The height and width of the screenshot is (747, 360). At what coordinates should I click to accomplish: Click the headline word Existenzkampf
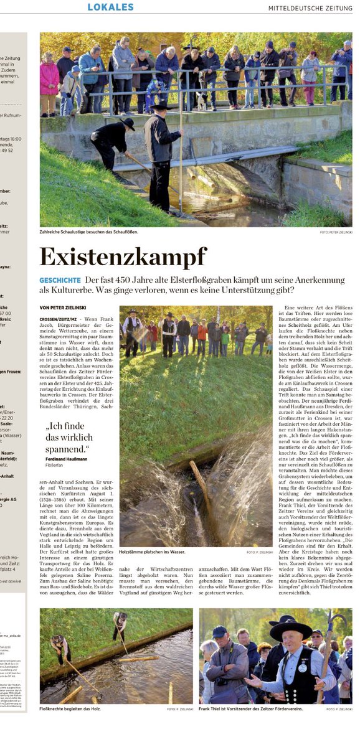pyautogui.click(x=123, y=256)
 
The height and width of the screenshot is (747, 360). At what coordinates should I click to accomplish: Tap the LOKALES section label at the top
pyautogui.click(x=110, y=7)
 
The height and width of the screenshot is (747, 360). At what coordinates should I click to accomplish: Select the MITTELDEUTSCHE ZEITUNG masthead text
pyautogui.click(x=310, y=8)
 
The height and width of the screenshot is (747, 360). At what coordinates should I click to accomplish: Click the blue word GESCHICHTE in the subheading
pyautogui.click(x=60, y=281)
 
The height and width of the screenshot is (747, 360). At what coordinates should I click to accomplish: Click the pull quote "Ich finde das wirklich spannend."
pyautogui.click(x=68, y=438)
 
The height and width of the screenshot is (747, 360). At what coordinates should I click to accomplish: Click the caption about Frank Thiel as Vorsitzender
pyautogui.click(x=249, y=709)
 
